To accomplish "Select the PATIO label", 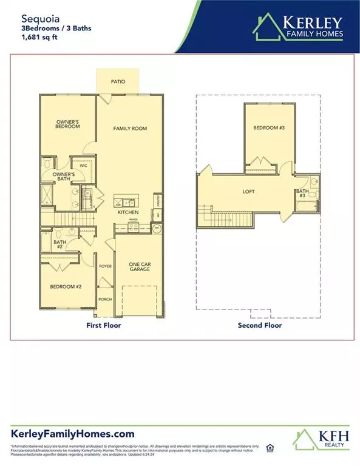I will click(118, 81).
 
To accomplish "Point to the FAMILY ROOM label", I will click(131, 129).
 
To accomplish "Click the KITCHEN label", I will click(129, 212).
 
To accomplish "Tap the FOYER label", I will click(104, 265).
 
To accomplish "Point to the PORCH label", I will click(104, 298).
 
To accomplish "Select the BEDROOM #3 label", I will click(268, 128).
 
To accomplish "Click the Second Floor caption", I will click(260, 325).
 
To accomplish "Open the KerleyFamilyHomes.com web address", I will click(72, 433).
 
